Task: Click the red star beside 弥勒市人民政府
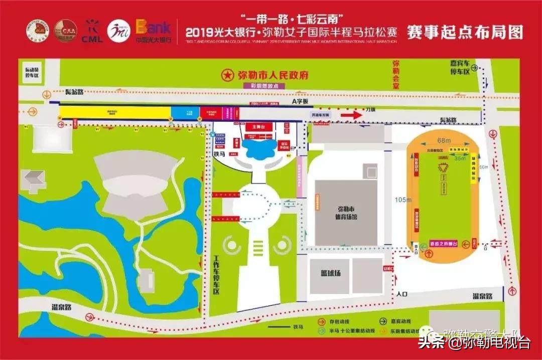coord(228,76)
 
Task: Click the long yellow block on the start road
coord(115,112)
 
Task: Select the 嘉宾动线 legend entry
coord(400,322)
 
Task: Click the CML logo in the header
coord(92,32)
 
